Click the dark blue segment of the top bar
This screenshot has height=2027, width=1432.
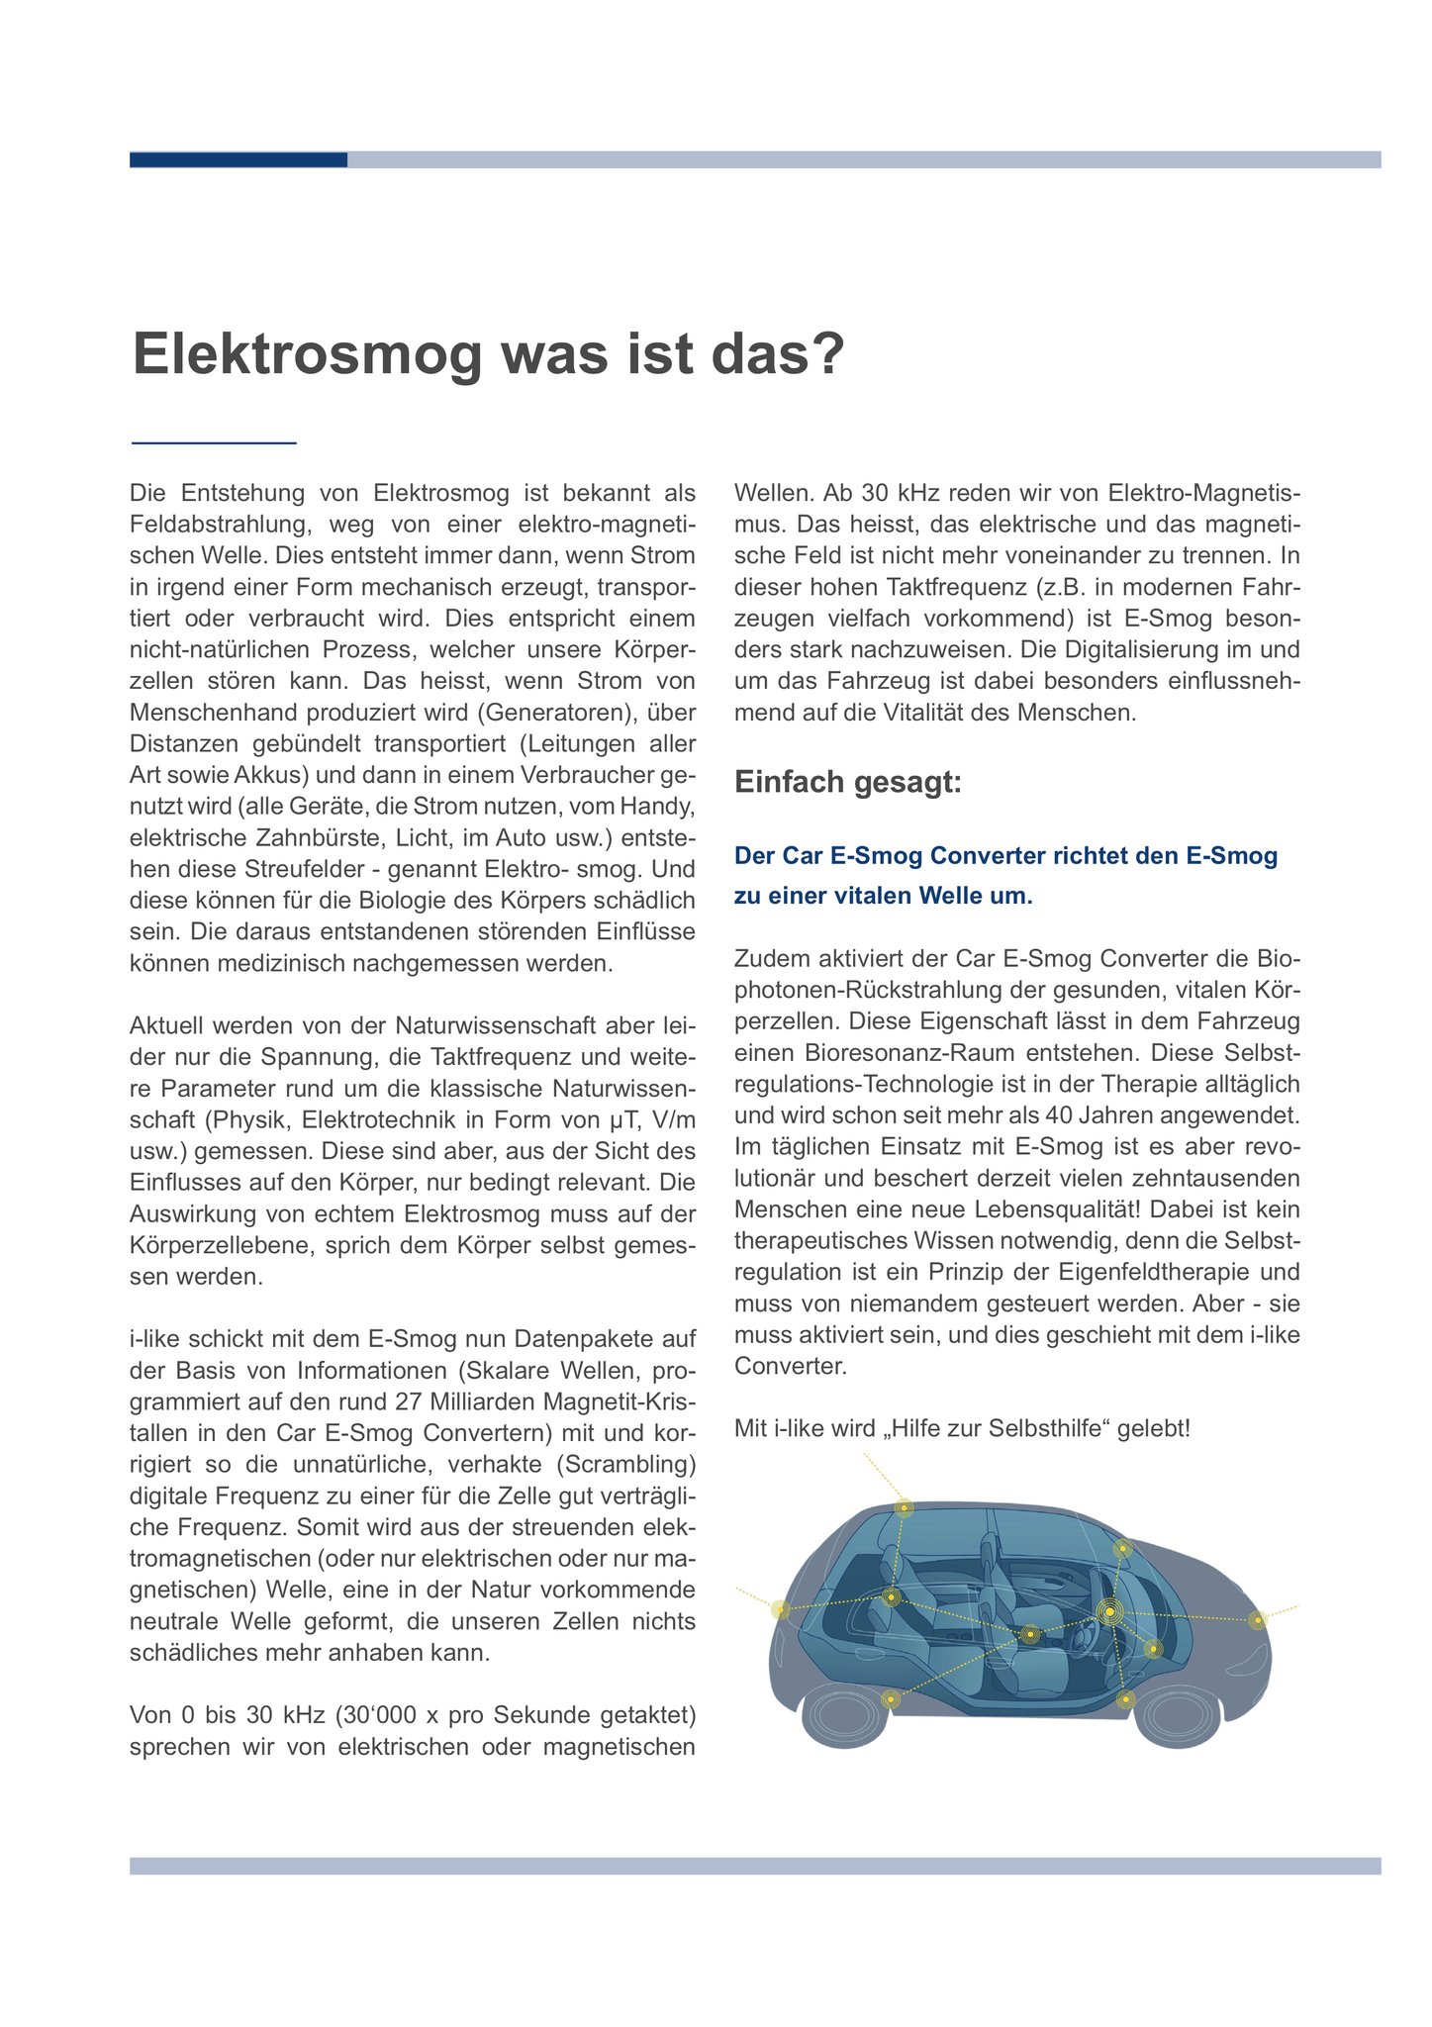tap(238, 159)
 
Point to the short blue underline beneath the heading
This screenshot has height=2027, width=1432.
tap(214, 442)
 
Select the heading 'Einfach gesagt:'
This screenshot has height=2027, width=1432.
tap(847, 783)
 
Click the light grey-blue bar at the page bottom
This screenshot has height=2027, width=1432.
tap(754, 1866)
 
